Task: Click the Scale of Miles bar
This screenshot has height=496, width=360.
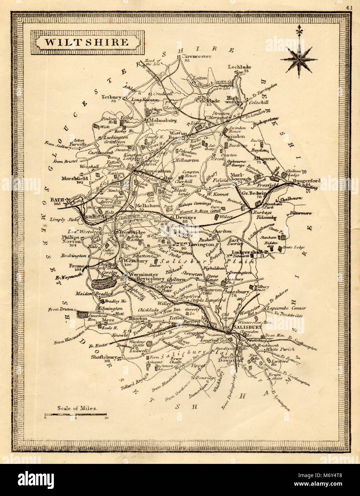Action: (x=76, y=415)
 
